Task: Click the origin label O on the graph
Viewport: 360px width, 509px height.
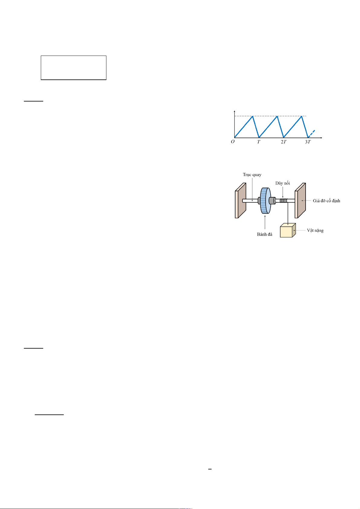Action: [x=233, y=142]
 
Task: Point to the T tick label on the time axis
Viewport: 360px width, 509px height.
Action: [x=259, y=142]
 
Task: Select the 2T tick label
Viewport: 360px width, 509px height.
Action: [x=283, y=142]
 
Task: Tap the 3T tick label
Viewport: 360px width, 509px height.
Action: [x=308, y=142]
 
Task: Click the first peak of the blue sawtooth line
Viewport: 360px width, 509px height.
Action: [x=253, y=116]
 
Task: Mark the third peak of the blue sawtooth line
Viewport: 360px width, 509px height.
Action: [x=302, y=116]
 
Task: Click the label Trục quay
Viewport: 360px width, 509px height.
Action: [x=252, y=175]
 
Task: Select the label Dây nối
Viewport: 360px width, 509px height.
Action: [x=283, y=183]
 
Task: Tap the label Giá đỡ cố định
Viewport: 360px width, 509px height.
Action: [x=326, y=201]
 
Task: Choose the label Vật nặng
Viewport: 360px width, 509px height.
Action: [x=315, y=230]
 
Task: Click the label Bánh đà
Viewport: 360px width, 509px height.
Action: [x=264, y=234]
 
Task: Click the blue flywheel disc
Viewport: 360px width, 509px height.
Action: [x=265, y=201]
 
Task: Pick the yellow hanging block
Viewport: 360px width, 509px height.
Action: [x=287, y=230]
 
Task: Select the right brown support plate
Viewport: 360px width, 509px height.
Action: [x=300, y=201]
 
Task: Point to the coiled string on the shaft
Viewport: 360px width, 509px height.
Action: [x=283, y=201]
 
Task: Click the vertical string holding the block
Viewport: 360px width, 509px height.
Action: [x=288, y=213]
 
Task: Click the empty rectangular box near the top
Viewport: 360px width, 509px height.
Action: [x=73, y=68]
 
